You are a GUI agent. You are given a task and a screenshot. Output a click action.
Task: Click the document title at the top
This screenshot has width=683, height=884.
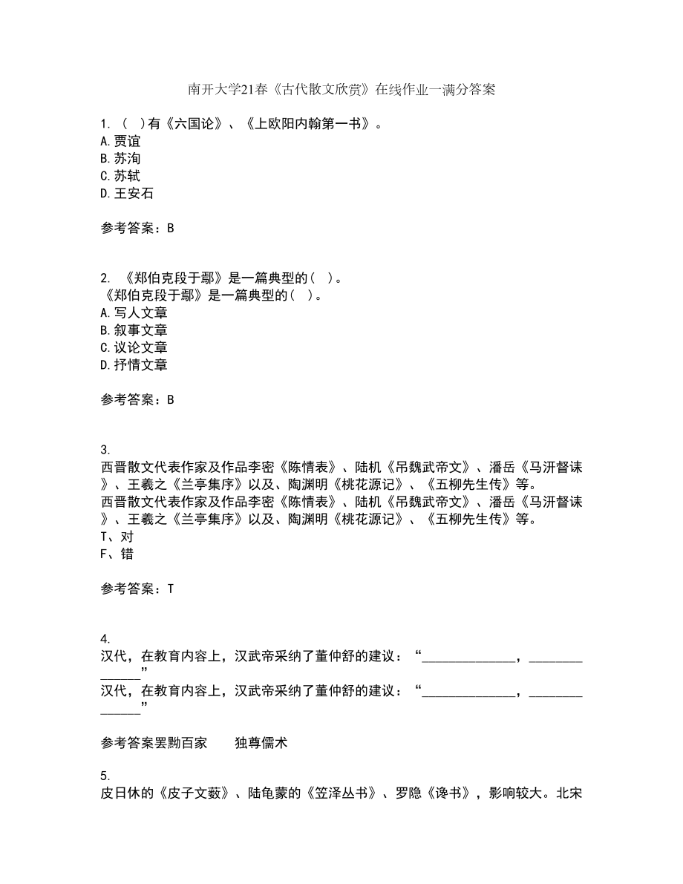click(x=341, y=90)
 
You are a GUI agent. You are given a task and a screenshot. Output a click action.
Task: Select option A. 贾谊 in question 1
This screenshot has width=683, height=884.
click(x=120, y=141)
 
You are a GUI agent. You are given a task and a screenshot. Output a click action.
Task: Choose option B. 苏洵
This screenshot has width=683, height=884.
click(x=120, y=159)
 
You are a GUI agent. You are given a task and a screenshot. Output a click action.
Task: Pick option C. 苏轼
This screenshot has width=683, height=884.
click(x=120, y=176)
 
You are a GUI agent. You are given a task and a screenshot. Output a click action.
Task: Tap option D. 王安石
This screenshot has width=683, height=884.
click(x=126, y=194)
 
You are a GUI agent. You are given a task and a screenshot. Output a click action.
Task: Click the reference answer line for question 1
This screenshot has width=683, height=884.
click(x=137, y=229)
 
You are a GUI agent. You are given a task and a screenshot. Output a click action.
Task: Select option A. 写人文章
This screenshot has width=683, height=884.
click(x=133, y=313)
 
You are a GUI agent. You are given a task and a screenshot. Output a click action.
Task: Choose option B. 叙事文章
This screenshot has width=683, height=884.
click(x=133, y=330)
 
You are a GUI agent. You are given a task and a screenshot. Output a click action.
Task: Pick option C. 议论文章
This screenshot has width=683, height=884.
click(x=133, y=347)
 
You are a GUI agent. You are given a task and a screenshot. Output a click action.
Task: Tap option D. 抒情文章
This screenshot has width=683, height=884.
click(x=133, y=364)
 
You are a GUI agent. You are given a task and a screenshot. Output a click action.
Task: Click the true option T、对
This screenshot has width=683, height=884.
click(x=116, y=536)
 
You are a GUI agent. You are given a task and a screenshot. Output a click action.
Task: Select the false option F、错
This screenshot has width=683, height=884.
click(x=116, y=554)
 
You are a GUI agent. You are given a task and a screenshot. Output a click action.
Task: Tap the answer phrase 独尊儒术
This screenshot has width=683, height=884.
click(x=261, y=742)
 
